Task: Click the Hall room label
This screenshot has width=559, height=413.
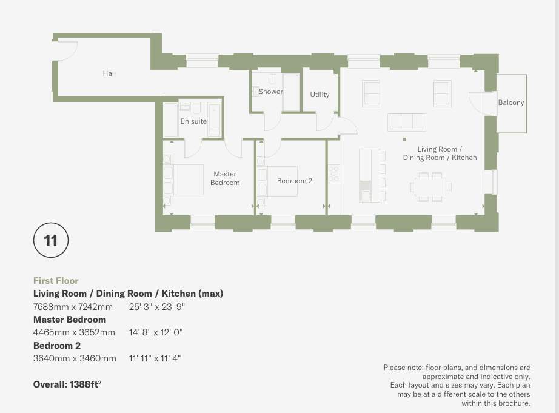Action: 109,73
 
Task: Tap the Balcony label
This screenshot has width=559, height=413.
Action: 511,102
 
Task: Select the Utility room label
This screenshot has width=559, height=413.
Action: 320,95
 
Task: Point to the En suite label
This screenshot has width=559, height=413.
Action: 193,121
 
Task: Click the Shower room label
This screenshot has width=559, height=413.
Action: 270,92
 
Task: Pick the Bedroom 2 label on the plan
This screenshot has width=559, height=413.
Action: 295,181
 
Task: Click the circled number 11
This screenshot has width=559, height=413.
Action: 50,240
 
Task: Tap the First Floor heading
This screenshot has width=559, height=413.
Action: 56,281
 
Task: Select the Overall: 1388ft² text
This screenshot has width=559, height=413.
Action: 67,384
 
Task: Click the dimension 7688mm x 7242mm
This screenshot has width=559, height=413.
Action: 73,307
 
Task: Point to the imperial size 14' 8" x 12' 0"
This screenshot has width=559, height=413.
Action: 156,332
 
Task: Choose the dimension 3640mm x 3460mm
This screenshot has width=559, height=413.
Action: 75,358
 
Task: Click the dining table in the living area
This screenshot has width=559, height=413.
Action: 430,187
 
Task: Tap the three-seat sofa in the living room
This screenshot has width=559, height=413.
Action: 407,122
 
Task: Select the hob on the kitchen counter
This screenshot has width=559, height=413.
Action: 333,173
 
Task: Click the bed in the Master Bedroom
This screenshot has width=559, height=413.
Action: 183,180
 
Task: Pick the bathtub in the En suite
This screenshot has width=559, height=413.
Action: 215,119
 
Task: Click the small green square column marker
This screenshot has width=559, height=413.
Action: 404,139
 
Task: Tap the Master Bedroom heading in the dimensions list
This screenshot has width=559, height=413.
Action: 70,319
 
